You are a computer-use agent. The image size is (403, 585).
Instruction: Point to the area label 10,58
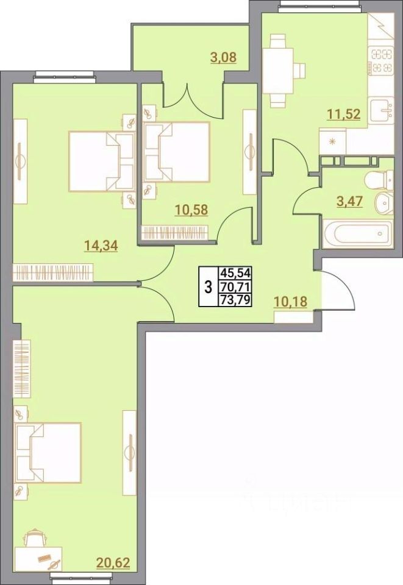[x=191, y=210]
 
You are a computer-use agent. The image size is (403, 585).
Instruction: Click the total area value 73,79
[x=240, y=299]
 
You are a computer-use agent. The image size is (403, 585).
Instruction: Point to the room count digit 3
[x=208, y=286]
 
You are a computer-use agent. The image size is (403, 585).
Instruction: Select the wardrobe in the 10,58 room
[x=176, y=233]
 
